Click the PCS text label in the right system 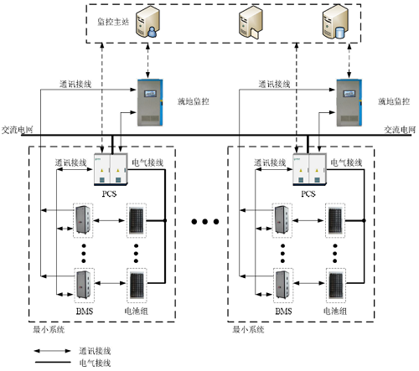308,193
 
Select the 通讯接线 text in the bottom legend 94,353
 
